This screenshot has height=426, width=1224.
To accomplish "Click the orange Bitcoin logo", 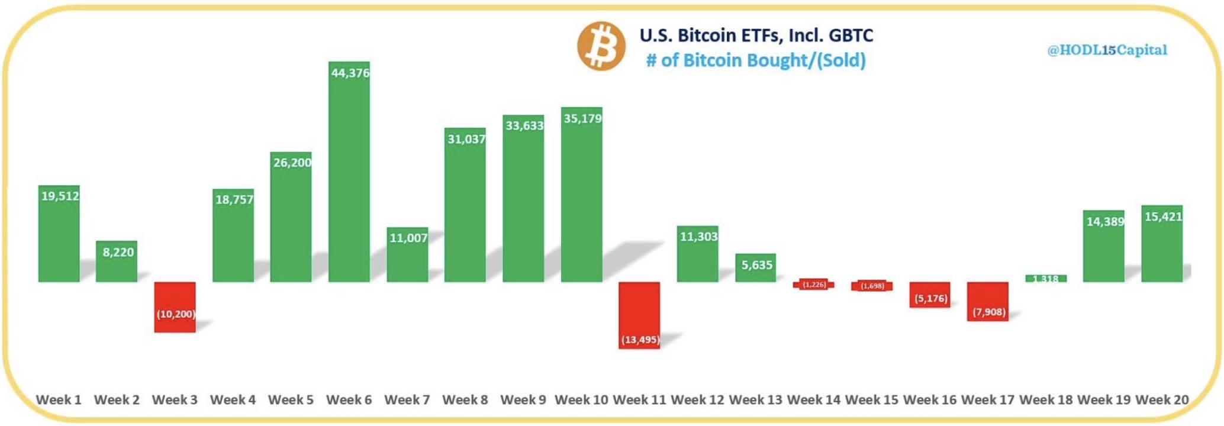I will tap(601, 46).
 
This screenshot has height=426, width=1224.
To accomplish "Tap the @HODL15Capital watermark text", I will tap(1107, 50).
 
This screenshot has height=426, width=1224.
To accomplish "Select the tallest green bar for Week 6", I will tap(349, 177).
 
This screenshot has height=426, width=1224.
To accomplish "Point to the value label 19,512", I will tap(60, 196).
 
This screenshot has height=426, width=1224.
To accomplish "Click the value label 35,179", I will tap(582, 119).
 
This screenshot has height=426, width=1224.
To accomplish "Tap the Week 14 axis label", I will tap(813, 400).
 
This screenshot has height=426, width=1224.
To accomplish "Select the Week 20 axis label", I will tap(1162, 400).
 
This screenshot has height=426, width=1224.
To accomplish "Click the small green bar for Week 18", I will tap(1046, 278).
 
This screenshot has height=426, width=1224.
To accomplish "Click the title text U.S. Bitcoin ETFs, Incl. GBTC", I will tap(756, 35).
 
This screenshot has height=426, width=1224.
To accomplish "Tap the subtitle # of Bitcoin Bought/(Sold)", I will tap(756, 60).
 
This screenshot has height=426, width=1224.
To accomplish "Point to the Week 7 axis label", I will tap(407, 400).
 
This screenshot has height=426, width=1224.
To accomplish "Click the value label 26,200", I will tap(292, 163).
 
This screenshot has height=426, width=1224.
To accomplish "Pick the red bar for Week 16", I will tap(930, 294).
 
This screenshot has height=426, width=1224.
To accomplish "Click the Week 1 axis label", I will tap(59, 400).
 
